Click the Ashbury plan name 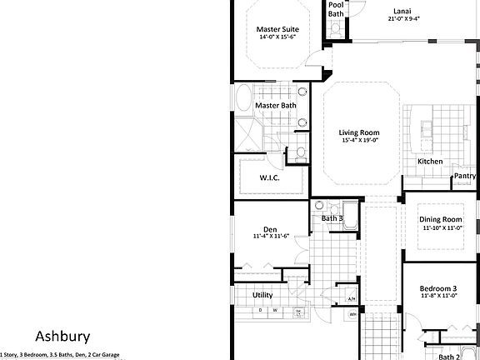pos(64,337)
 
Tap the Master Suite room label pos(277,30)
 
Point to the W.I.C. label pos(269,177)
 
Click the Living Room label pos(359,132)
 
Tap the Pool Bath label pos(335,9)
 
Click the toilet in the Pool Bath pos(336,28)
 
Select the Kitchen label pos(430,161)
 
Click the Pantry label pos(465,176)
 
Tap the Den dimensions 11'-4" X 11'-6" pos(270,237)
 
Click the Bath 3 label pos(332,219)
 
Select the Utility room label pos(262,295)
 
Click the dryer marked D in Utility pos(261,311)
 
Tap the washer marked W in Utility pos(275,311)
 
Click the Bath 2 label pos(450,356)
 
